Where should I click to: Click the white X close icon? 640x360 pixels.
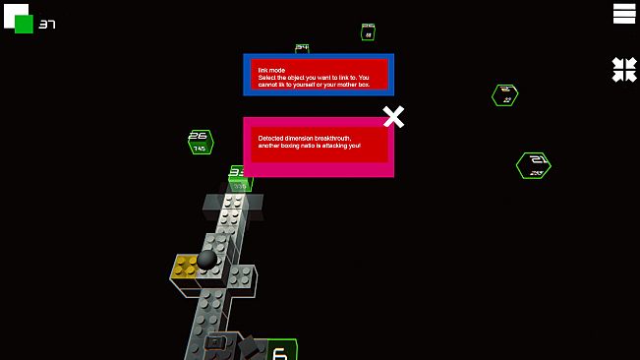coord(393,117)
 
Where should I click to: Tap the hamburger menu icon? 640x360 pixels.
coord(624,13)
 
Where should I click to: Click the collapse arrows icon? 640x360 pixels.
coord(624,69)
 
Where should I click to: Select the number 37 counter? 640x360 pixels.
coord(46,25)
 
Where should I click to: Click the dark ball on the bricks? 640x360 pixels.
coord(207,258)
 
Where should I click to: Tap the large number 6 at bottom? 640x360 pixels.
coord(279,351)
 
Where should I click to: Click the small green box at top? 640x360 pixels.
coord(368,31)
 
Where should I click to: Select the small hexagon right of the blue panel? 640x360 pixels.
coord(505,94)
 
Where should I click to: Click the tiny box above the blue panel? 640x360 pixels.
coord(302,47)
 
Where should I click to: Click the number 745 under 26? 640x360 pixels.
coord(200,149)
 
